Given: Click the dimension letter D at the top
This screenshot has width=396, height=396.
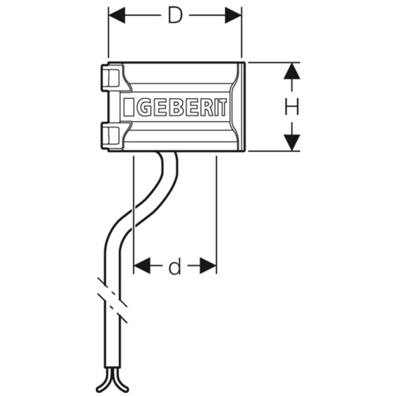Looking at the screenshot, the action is (x=175, y=15).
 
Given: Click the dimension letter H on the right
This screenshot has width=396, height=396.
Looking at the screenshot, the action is (x=292, y=107).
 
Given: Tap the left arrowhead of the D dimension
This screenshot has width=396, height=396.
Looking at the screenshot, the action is (x=117, y=15).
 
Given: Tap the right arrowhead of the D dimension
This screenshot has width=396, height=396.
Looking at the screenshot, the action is (x=233, y=15).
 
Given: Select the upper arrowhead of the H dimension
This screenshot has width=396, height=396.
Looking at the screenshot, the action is (x=292, y=70).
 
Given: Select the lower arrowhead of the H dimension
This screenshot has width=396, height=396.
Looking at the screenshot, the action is (x=292, y=143).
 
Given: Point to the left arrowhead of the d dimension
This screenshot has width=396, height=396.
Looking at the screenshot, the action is (x=142, y=266).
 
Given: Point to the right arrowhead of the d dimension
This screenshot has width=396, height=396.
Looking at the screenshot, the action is (x=208, y=266).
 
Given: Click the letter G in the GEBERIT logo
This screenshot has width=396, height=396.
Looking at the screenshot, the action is (x=144, y=107).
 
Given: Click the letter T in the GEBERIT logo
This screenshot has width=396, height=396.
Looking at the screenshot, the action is (x=223, y=107).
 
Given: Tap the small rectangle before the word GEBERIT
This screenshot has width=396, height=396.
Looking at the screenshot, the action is (x=128, y=107).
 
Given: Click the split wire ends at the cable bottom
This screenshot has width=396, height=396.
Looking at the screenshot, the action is (x=112, y=380).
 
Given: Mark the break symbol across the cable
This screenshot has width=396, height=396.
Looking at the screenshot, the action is (x=112, y=300).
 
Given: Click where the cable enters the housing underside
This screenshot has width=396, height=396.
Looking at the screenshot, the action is (x=169, y=153).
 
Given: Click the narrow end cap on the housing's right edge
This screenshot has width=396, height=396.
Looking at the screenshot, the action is (x=243, y=107).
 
